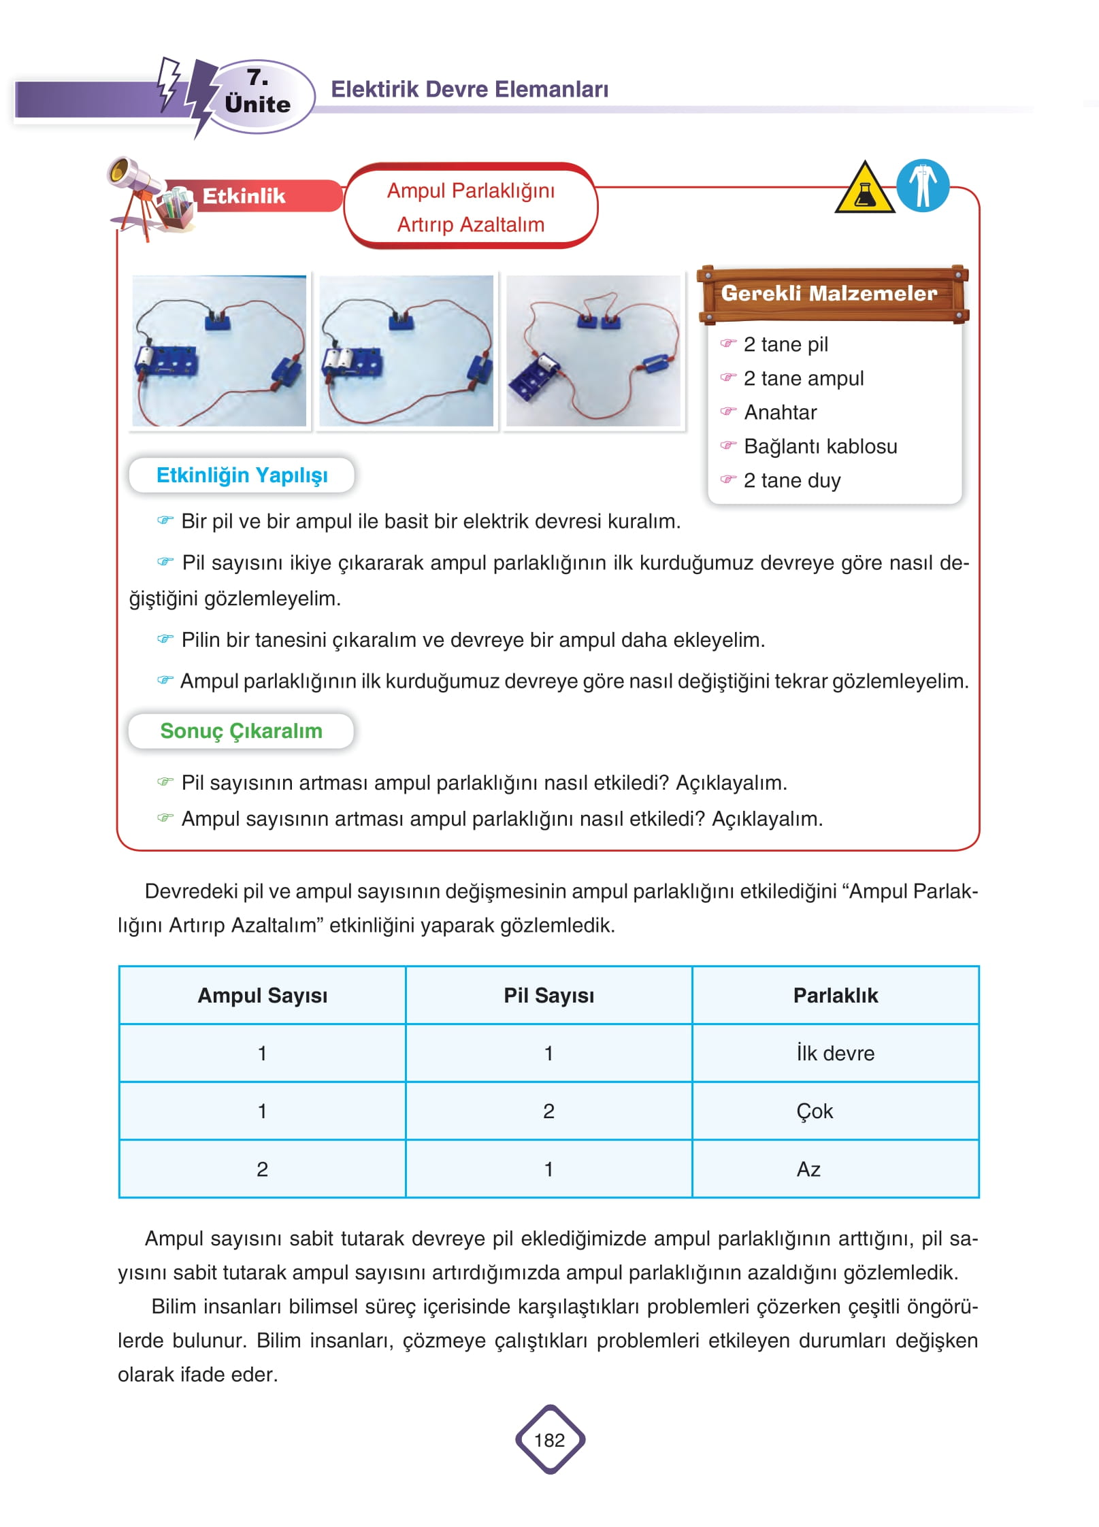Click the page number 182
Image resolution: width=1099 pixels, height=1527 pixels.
pyautogui.click(x=549, y=1440)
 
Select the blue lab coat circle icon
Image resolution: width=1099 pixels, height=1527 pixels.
pyautogui.click(x=922, y=186)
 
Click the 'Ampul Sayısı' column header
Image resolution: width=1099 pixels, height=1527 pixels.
pyautogui.click(x=262, y=995)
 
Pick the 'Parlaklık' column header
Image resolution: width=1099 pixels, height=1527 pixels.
pyautogui.click(x=835, y=995)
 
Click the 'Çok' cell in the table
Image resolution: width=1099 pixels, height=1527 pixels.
pyautogui.click(x=815, y=1111)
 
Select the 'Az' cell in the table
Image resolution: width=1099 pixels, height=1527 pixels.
pyautogui.click(x=808, y=1169)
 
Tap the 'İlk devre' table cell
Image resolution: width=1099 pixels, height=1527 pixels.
pyautogui.click(x=835, y=1053)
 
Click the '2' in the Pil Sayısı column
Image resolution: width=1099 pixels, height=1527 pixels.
pyautogui.click(x=548, y=1111)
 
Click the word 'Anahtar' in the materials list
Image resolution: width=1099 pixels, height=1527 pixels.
pyautogui.click(x=780, y=412)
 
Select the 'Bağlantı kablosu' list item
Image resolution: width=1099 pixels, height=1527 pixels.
pyautogui.click(x=820, y=446)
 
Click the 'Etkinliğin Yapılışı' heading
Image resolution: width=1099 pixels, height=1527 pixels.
pyautogui.click(x=242, y=475)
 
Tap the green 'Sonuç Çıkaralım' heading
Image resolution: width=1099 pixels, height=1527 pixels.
pyautogui.click(x=241, y=731)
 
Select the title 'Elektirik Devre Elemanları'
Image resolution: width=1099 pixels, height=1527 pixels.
pyautogui.click(x=470, y=89)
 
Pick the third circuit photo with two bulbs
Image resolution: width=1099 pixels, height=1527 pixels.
pyautogui.click(x=593, y=351)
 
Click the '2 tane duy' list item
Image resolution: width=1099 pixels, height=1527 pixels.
pyautogui.click(x=791, y=480)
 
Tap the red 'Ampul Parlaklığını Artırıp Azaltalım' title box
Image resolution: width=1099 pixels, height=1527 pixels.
pyautogui.click(x=470, y=207)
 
